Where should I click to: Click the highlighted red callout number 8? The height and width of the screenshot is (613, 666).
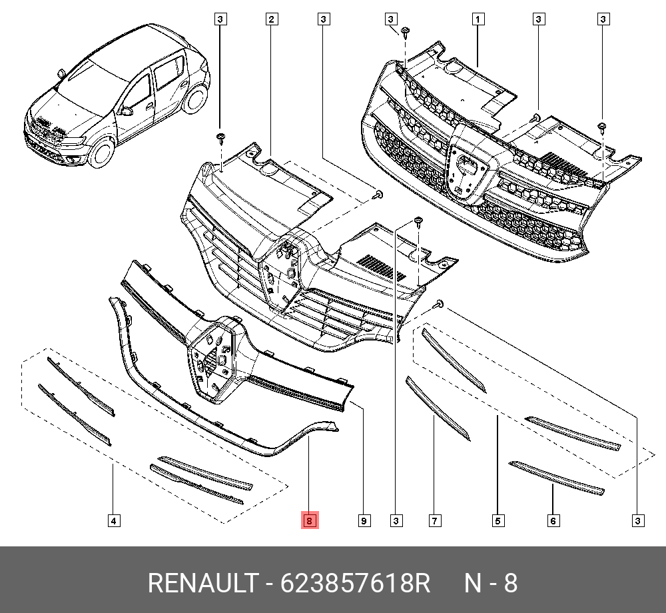[x=310, y=520]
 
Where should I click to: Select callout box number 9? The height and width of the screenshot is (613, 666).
[x=364, y=520]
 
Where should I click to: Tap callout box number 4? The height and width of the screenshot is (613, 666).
[x=114, y=520]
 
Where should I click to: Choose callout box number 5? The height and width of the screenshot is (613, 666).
[x=498, y=520]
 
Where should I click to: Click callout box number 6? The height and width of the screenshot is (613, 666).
[x=553, y=520]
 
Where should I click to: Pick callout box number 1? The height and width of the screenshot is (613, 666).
[x=478, y=19]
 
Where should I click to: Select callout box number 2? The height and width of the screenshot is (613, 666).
[x=271, y=19]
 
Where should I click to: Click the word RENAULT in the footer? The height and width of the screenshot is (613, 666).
[x=202, y=584]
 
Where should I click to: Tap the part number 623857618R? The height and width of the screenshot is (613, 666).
[x=356, y=584]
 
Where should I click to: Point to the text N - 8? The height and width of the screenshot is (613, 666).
[x=491, y=584]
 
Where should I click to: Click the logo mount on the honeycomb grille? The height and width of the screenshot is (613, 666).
[x=467, y=170]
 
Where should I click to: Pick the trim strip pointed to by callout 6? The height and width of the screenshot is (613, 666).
[x=555, y=477]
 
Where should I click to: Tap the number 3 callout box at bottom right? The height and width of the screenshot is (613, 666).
[x=637, y=520]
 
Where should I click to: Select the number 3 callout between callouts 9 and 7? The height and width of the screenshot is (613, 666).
[x=396, y=520]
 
